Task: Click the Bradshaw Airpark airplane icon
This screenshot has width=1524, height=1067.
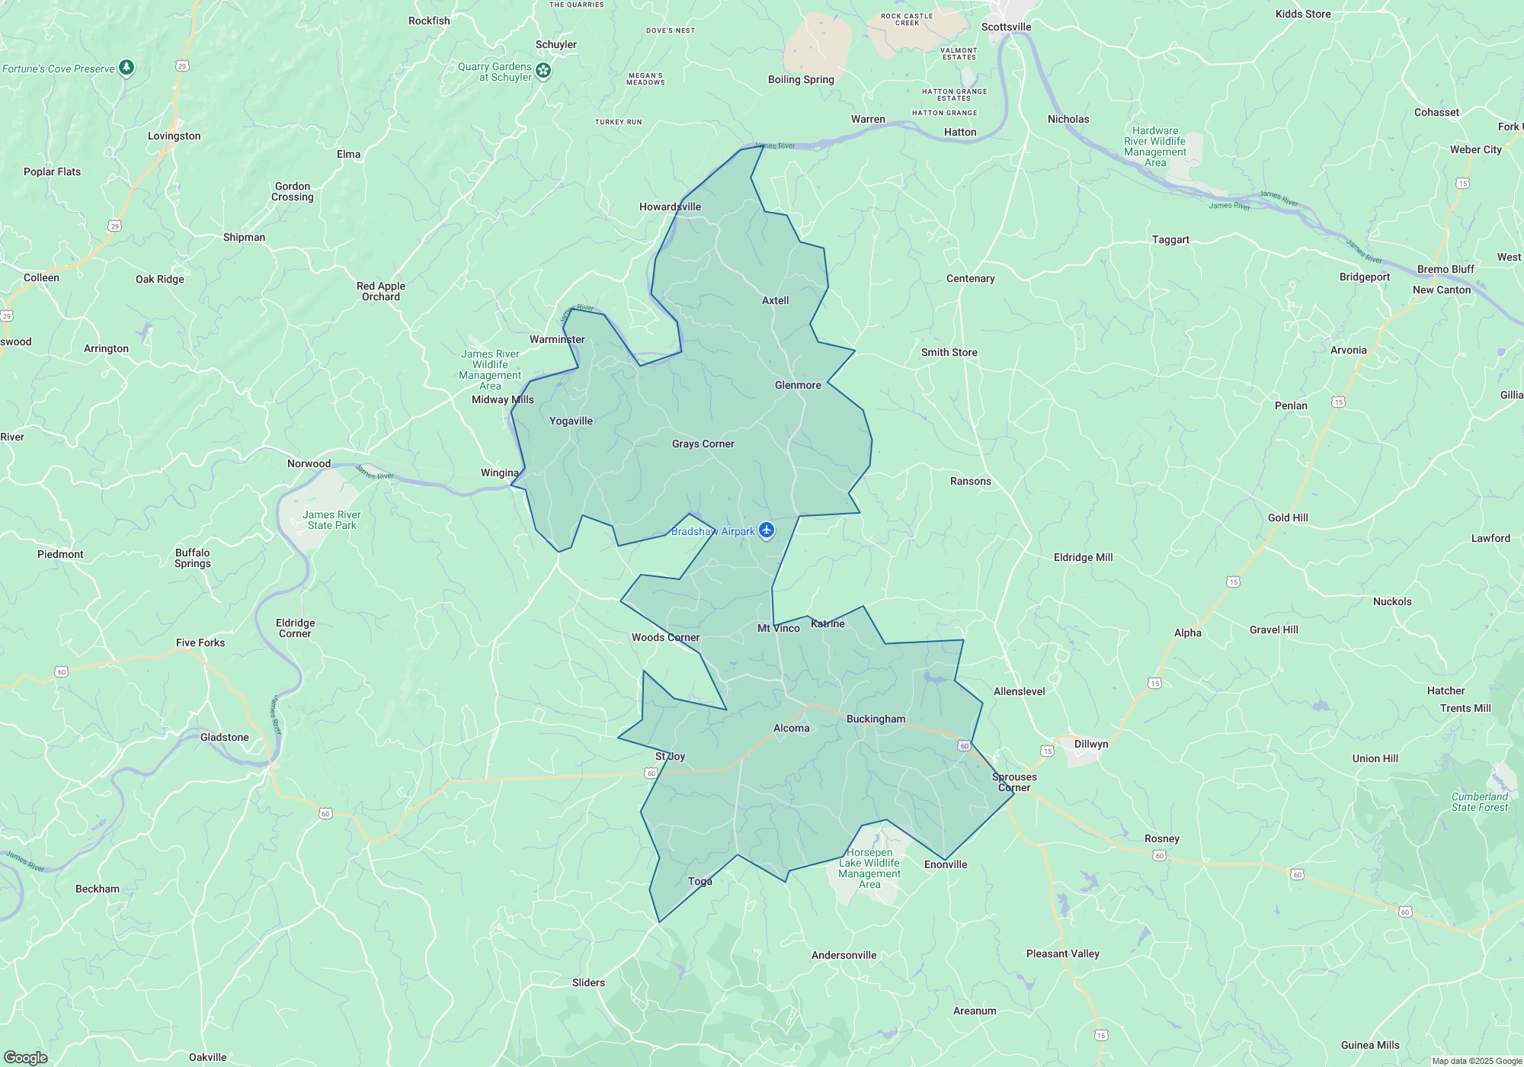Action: [x=767, y=530]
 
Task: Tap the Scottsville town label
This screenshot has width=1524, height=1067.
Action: [x=1006, y=27]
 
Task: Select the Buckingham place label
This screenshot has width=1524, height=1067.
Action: [x=876, y=719]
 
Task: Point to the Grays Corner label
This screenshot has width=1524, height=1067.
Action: [x=703, y=444]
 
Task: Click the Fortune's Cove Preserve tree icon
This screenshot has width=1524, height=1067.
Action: [x=126, y=68]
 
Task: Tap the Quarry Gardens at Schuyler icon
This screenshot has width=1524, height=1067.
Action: [x=543, y=71]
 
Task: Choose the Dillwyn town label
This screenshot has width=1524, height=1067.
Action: [x=1090, y=744]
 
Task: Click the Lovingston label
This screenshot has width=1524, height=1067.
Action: [x=174, y=136]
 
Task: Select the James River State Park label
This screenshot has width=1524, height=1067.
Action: [x=331, y=520]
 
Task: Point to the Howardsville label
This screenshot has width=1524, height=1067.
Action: [x=670, y=207]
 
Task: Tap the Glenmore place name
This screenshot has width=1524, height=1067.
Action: [x=798, y=385]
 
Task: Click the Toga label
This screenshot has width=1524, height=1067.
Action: [x=700, y=881]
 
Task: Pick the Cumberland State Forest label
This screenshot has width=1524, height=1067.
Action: [x=1479, y=802]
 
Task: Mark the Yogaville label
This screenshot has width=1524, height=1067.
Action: [x=571, y=421]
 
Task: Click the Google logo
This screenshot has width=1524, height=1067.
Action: [x=25, y=1057]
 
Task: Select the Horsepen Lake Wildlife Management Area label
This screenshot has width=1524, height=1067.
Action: [x=869, y=868]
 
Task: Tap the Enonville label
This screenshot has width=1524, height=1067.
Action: [x=945, y=864]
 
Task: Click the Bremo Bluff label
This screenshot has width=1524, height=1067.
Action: [x=1445, y=269]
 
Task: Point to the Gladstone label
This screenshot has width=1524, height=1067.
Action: [x=224, y=737]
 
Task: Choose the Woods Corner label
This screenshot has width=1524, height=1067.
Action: [x=665, y=637]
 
